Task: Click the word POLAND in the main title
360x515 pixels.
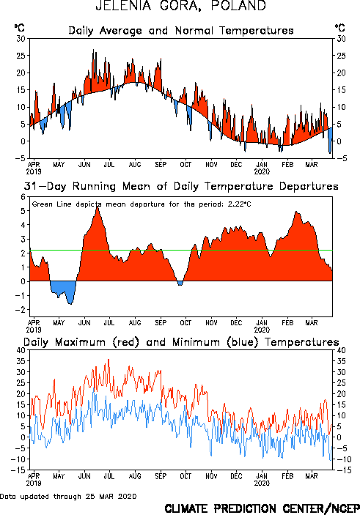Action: pyautogui.click(x=238, y=6)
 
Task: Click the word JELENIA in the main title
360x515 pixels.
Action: pyautogui.click(x=123, y=6)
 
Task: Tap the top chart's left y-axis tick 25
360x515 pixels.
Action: pyautogui.click(x=21, y=56)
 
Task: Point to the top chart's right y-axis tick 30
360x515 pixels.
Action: pyautogui.click(x=341, y=38)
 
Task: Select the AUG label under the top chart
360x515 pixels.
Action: pyautogui.click(x=135, y=164)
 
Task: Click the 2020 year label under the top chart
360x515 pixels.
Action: pyautogui.click(x=262, y=171)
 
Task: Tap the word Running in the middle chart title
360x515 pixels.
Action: pyautogui.click(x=94, y=187)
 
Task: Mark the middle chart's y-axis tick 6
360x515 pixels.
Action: pyautogui.click(x=23, y=197)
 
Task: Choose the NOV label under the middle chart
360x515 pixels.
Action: pyautogui.click(x=211, y=323)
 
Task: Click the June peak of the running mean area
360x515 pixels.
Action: pyautogui.click(x=98, y=206)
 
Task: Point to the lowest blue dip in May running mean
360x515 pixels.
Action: pyautogui.click(x=70, y=304)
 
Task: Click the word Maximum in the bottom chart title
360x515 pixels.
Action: pyautogui.click(x=80, y=342)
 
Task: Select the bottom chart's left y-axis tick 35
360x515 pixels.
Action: pyautogui.click(x=21, y=361)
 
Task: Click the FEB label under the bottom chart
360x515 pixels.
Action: pyautogui.click(x=287, y=476)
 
